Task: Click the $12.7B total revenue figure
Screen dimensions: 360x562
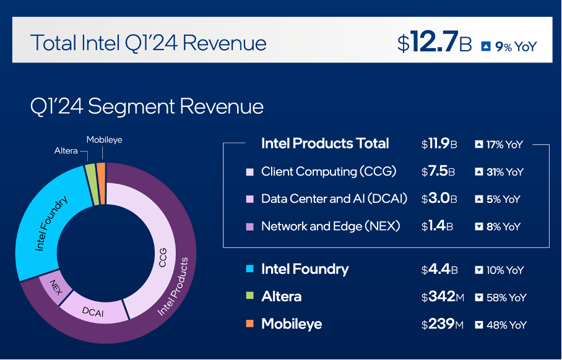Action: click(434, 43)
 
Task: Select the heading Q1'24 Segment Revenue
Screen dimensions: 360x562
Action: click(147, 106)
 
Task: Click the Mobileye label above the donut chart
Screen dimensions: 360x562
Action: click(104, 140)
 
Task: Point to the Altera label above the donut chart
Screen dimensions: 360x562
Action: click(66, 150)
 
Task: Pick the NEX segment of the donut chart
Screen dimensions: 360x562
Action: click(54, 285)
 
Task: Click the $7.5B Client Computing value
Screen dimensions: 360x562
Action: click(436, 172)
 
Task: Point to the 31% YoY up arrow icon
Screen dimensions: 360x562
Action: click(478, 172)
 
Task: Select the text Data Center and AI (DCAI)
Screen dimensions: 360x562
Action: click(334, 199)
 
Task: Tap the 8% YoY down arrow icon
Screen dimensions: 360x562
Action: click(478, 226)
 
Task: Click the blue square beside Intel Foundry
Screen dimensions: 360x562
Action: click(250, 270)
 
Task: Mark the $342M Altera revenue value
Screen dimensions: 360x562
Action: click(442, 297)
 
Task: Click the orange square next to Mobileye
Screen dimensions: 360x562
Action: click(250, 324)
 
